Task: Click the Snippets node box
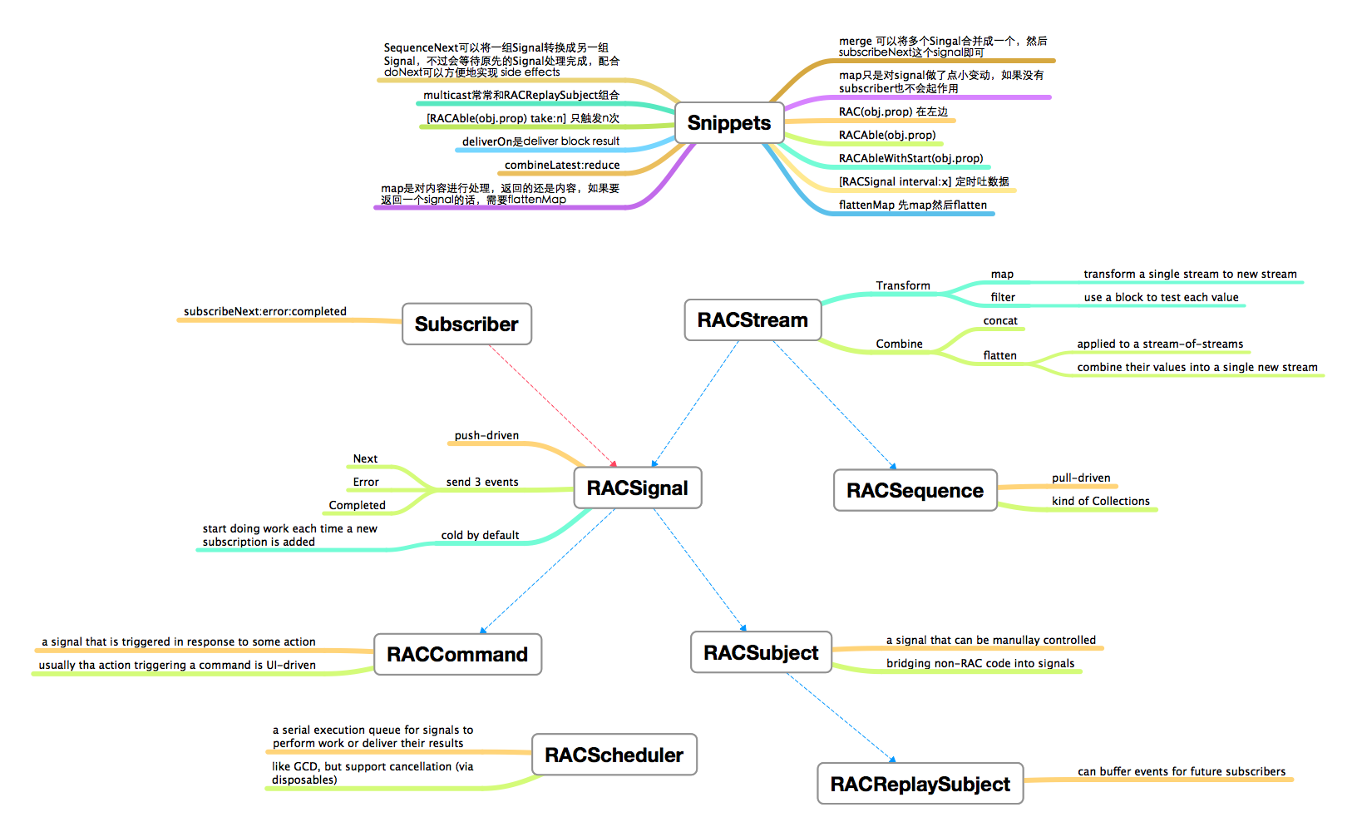point(729,123)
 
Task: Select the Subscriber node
point(466,324)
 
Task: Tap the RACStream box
point(753,320)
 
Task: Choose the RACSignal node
point(638,488)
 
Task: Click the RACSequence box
point(915,491)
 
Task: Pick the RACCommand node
point(457,655)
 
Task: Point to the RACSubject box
point(761,653)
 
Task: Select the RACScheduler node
point(614,755)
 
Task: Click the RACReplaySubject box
point(920,785)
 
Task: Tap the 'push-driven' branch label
point(486,436)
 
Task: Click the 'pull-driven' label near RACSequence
point(1081,478)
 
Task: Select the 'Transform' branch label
point(903,286)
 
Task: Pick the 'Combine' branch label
point(899,344)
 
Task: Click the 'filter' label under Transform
point(1003,298)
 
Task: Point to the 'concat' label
point(1000,321)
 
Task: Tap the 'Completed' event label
point(357,506)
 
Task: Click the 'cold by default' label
point(480,536)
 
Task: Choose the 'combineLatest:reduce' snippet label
point(562,166)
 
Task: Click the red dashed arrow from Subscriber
point(552,405)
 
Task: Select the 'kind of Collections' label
point(1101,502)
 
